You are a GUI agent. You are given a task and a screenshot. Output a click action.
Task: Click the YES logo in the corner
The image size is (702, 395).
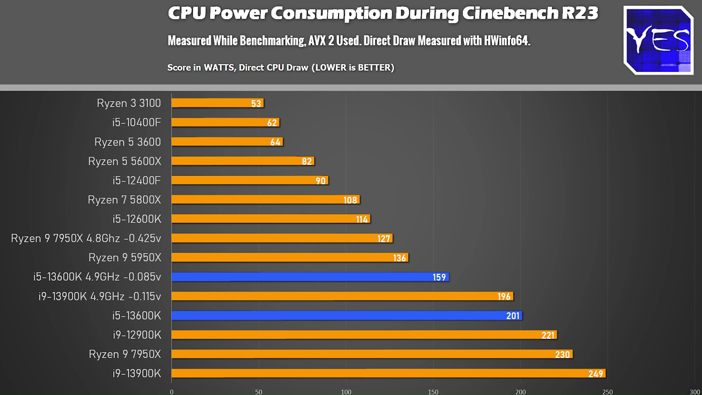658,40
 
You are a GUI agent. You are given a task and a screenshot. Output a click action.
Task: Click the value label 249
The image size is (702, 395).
596,374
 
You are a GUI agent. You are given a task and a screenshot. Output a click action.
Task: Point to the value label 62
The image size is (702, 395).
272,123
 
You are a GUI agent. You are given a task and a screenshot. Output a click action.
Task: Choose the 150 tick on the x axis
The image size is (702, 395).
433,392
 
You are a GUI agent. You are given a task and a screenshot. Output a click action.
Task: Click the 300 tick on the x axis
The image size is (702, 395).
695,392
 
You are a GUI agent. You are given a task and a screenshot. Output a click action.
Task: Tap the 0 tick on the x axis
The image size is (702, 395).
172,392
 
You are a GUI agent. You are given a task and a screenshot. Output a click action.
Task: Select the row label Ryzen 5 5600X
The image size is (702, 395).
124,161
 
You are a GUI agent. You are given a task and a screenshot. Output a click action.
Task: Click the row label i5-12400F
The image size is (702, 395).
136,180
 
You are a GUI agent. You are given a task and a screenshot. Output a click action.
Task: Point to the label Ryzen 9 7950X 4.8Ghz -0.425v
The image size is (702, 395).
86,238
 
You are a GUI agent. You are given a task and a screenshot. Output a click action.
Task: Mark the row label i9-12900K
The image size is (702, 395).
137,335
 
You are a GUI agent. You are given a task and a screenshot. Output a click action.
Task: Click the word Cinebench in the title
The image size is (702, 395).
510,14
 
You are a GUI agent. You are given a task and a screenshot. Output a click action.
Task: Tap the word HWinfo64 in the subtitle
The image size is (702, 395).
507,41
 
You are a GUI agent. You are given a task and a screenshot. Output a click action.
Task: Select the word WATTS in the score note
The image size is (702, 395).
219,68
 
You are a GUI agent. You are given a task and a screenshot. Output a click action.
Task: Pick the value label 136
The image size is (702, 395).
399,258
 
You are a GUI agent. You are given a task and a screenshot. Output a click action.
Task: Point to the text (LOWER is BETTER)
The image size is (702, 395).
353,68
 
